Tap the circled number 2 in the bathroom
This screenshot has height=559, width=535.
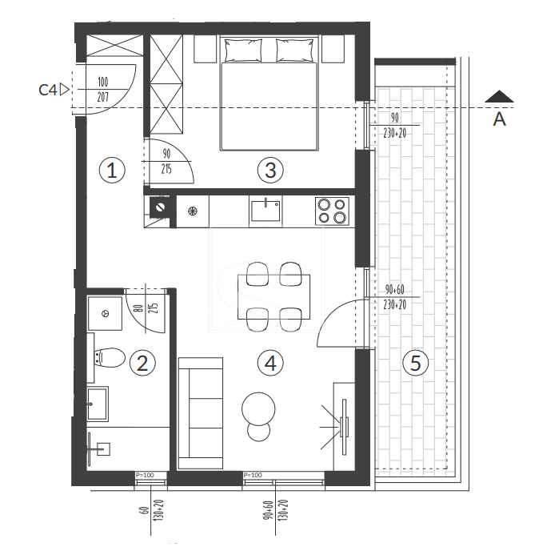point(142,364)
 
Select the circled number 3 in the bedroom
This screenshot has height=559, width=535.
point(270,170)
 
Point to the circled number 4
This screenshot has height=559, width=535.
point(270,364)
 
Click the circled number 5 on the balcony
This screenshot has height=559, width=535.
point(415,363)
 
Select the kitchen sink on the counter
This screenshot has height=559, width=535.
point(266,211)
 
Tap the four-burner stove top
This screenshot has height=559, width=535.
point(332,211)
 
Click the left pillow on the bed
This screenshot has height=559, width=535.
point(243,50)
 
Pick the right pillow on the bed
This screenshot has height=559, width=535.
point(296,50)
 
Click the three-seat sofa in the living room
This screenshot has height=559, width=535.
point(201,413)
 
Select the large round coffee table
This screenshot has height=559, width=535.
point(258,408)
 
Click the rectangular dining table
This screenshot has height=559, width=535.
point(274,297)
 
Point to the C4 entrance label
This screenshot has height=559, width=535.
point(48,90)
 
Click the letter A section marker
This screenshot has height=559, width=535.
point(499,119)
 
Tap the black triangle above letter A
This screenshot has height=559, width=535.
point(499,97)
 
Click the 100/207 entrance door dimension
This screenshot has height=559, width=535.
point(103,89)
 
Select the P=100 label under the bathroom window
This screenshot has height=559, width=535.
point(145,475)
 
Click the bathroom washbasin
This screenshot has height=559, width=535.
point(98,404)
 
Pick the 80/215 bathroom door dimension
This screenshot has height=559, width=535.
point(148,308)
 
